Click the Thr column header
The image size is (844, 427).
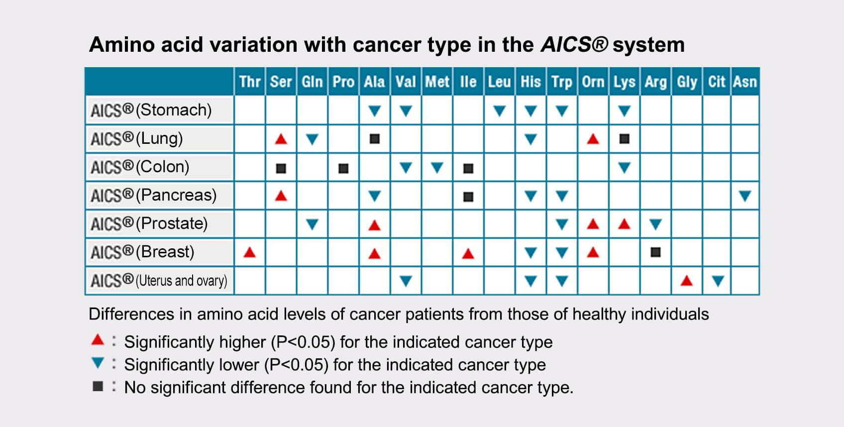pyautogui.click(x=250, y=82)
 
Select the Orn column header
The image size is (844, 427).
pyautogui.click(x=593, y=82)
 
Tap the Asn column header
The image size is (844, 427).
pyautogui.click(x=745, y=82)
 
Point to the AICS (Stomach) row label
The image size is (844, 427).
pyautogui.click(x=151, y=110)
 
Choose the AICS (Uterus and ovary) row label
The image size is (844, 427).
pyautogui.click(x=159, y=281)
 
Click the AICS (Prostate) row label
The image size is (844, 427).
pyautogui.click(x=149, y=224)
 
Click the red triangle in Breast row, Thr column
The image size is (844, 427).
pyautogui.click(x=250, y=252)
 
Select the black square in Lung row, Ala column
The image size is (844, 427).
pyautogui.click(x=375, y=139)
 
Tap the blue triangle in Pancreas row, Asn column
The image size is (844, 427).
pyautogui.click(x=745, y=196)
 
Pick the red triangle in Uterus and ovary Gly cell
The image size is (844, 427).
pyautogui.click(x=687, y=281)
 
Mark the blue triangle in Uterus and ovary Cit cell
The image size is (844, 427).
pyautogui.click(x=718, y=281)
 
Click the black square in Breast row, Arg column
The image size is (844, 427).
pyautogui.click(x=655, y=252)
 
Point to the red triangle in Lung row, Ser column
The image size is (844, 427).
pyautogui.click(x=281, y=139)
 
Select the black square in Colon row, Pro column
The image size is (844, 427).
pyautogui.click(x=343, y=168)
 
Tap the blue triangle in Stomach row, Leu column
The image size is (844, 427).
pyautogui.click(x=500, y=111)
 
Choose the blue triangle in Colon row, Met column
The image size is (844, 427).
pyautogui.click(x=437, y=167)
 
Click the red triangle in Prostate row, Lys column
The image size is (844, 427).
pyautogui.click(x=625, y=224)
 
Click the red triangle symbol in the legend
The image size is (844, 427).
pyautogui.click(x=98, y=339)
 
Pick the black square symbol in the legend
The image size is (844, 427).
pyautogui.click(x=98, y=386)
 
